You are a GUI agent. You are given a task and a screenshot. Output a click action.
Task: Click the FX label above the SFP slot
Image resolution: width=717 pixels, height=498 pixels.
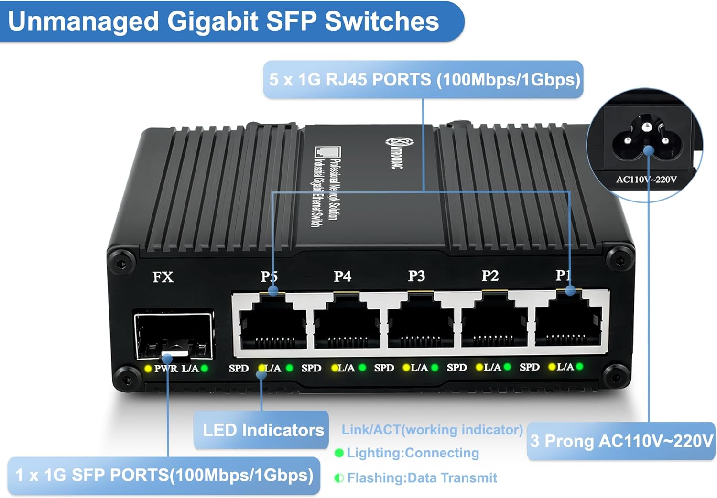[x=163, y=277]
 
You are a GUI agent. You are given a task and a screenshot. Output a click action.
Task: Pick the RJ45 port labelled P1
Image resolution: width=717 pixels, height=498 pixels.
[x=568, y=320]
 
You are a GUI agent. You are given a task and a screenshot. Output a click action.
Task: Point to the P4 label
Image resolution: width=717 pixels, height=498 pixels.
[x=342, y=276]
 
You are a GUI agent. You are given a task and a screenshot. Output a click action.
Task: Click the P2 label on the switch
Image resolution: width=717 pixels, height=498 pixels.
[x=490, y=275]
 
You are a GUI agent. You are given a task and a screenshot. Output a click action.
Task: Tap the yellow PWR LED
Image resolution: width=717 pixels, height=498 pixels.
[x=148, y=369]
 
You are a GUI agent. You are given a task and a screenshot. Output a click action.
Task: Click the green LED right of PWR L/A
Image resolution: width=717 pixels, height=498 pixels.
[x=205, y=368]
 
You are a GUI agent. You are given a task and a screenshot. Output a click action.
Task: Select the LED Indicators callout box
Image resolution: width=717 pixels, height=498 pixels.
[x=261, y=430]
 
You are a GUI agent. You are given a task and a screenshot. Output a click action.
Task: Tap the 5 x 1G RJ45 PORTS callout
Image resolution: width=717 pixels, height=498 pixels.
[x=424, y=79]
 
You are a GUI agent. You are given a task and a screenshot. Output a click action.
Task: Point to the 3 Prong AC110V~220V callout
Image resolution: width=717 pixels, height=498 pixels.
[x=621, y=441]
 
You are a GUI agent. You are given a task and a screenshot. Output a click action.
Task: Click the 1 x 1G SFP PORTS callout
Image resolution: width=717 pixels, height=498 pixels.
[x=164, y=475]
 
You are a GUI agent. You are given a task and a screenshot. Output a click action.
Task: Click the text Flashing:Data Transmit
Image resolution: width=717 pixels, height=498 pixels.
[x=422, y=477]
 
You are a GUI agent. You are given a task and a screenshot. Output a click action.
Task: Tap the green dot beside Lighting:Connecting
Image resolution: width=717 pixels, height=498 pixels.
[x=339, y=453]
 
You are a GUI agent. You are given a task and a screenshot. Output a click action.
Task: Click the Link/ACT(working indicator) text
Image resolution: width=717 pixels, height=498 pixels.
[x=432, y=430]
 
